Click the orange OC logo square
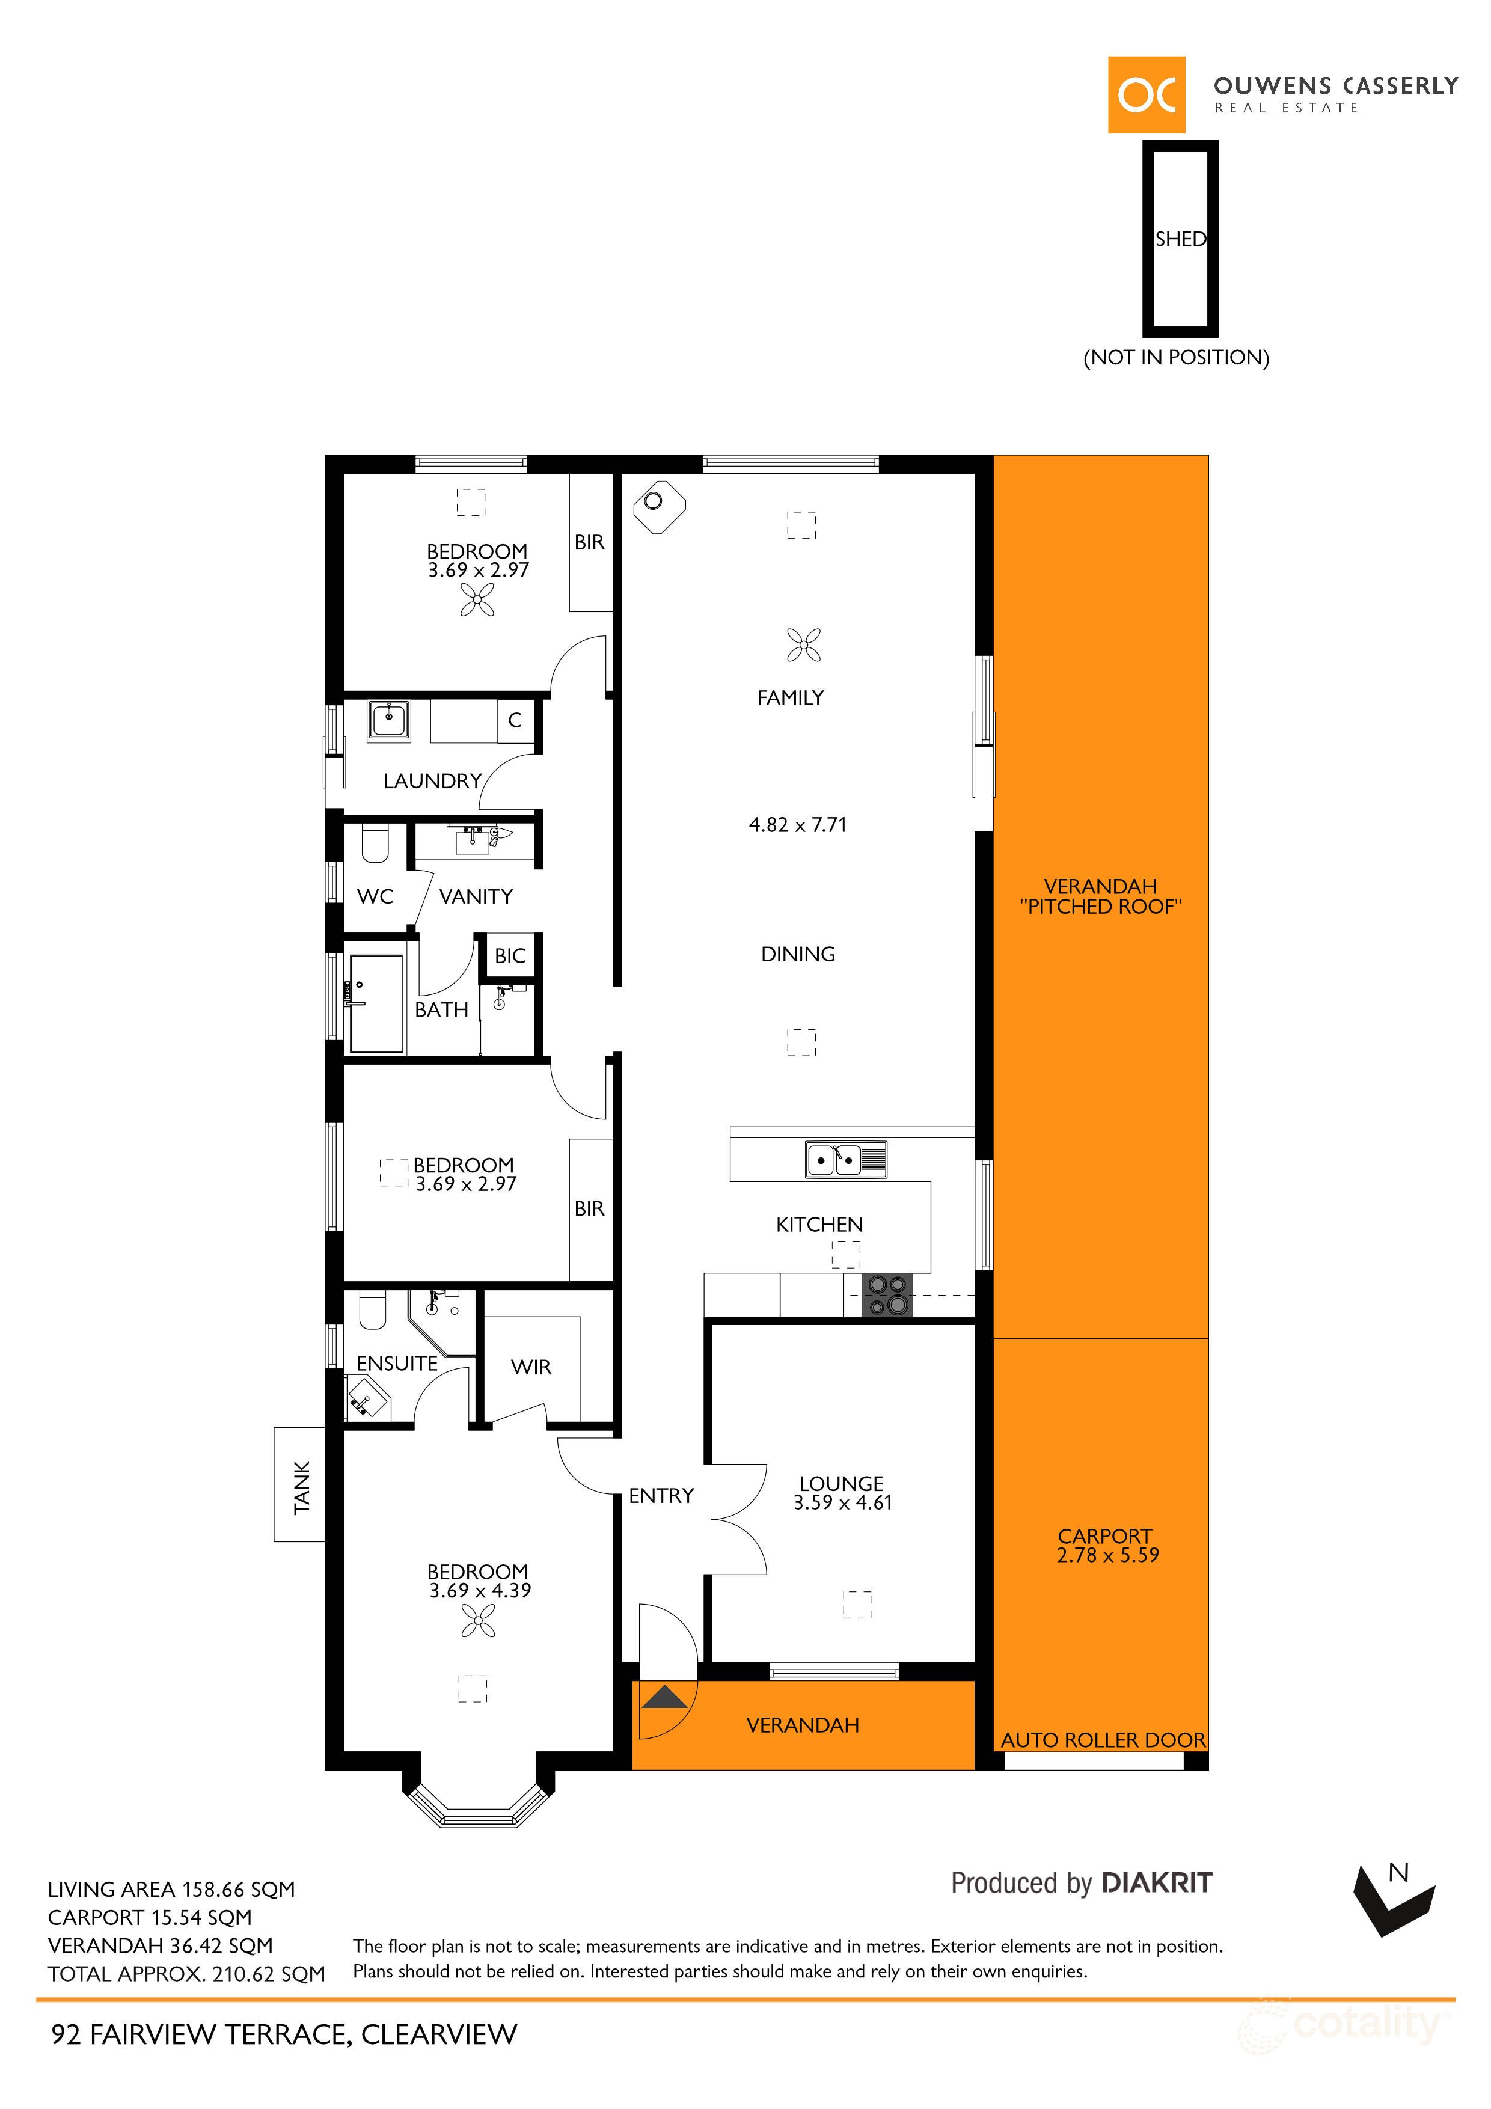point(1145,94)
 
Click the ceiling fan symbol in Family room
point(804,646)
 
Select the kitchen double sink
point(846,1160)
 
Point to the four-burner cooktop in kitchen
point(887,1296)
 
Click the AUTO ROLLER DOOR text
point(1103,1740)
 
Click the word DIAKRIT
point(1157,1883)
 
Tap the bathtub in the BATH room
point(376,1003)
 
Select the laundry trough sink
point(390,719)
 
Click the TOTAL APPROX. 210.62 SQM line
point(186,1973)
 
